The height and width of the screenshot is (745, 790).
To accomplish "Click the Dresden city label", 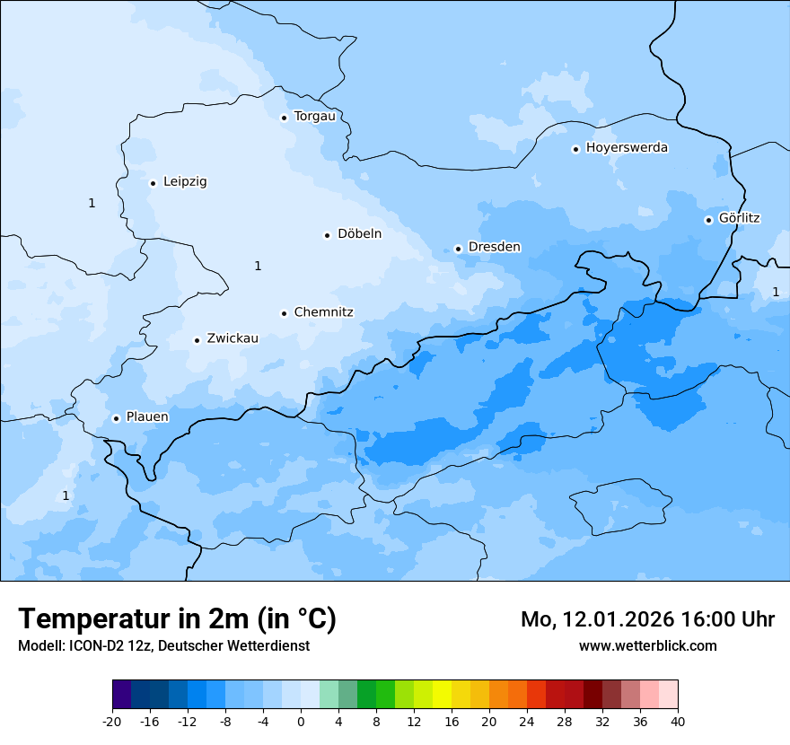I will (x=494, y=247).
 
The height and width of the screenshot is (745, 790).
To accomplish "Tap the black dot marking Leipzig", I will (x=153, y=183).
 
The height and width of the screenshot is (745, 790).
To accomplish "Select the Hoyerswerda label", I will (x=627, y=148).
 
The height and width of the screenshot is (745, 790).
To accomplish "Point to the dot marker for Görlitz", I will (x=708, y=220).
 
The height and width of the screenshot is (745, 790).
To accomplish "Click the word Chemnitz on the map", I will (x=323, y=312).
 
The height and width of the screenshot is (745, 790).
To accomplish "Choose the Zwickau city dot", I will (x=197, y=340).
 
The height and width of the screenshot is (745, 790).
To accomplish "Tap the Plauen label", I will (x=146, y=417).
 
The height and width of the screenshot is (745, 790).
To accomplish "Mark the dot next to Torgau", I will (x=284, y=118).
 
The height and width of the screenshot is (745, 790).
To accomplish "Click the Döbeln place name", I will (x=359, y=234).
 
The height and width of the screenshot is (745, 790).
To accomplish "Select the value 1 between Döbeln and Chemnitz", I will (x=258, y=266).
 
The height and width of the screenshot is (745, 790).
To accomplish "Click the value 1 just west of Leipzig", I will (x=92, y=203).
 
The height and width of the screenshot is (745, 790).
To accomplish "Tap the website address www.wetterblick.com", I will (x=647, y=645).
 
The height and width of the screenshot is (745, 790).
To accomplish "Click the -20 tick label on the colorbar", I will (x=111, y=722).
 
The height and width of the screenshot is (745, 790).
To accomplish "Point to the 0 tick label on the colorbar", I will (x=301, y=722).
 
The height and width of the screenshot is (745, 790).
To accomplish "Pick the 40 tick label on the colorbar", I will (x=678, y=722).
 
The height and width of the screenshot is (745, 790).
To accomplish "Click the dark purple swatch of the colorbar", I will (x=121, y=695).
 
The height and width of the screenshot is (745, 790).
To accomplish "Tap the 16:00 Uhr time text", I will (x=729, y=619).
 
